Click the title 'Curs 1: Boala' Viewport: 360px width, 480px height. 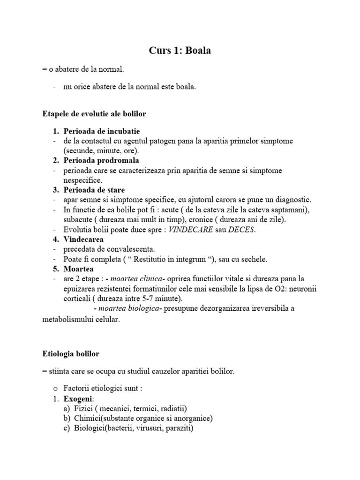point(180,51)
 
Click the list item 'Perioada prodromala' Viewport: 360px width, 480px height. point(101,160)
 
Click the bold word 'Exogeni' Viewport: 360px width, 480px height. point(79,398)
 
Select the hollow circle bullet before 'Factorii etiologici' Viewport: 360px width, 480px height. point(55,389)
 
